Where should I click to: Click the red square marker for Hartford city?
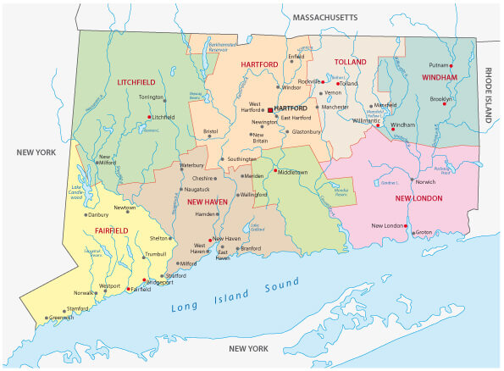click(x=270, y=110)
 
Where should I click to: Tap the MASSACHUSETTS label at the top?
click(x=324, y=17)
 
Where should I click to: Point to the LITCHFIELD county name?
click(x=136, y=82)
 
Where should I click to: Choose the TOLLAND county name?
click(x=351, y=62)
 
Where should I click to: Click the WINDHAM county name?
click(x=439, y=77)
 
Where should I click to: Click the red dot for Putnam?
click(x=451, y=65)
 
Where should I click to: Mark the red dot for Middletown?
click(x=275, y=171)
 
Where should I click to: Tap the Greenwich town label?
click(x=61, y=318)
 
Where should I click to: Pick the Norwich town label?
click(x=425, y=180)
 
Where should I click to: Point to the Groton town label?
click(x=424, y=231)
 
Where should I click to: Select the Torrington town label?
click(x=152, y=97)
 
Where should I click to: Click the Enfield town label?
click(x=296, y=57)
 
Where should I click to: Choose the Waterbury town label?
click(x=192, y=164)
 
